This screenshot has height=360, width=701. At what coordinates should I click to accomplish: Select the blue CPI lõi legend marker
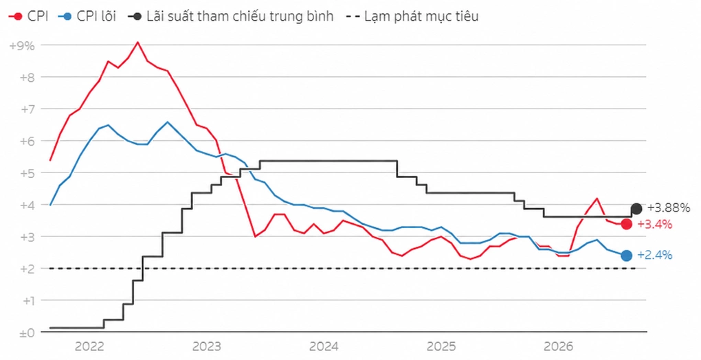pyautogui.click(x=67, y=16)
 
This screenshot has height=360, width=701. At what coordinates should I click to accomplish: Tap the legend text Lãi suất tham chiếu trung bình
pyautogui.click(x=240, y=16)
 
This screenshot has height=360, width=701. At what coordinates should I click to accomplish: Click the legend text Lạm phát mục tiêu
pyautogui.click(x=421, y=16)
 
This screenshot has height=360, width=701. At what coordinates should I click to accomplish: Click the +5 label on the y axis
pyautogui.click(x=27, y=173)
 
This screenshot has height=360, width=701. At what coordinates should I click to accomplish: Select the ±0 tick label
pyautogui.click(x=27, y=333)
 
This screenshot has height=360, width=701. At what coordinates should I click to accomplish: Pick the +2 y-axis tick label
pyautogui.click(x=27, y=269)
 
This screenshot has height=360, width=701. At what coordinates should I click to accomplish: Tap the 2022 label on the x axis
pyautogui.click(x=89, y=346)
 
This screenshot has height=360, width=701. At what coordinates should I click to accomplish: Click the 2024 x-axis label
pyautogui.click(x=324, y=346)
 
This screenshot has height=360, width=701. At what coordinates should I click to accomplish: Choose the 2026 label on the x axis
pyautogui.click(x=558, y=346)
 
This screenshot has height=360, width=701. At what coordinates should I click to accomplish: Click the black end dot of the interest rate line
pyautogui.click(x=636, y=208)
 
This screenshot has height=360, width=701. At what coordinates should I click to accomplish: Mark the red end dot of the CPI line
pyautogui.click(x=627, y=224)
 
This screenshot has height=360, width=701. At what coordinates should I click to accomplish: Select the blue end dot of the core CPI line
pyautogui.click(x=627, y=256)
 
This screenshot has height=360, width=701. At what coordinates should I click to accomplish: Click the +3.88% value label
pyautogui.click(x=669, y=207)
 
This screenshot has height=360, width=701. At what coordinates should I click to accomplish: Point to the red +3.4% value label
pyautogui.click(x=654, y=224)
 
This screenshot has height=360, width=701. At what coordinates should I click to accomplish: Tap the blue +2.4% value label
pyautogui.click(x=654, y=255)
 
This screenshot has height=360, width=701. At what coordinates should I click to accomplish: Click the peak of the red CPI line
pyautogui.click(x=137, y=43)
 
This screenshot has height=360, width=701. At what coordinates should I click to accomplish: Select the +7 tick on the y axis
pyautogui.click(x=27, y=109)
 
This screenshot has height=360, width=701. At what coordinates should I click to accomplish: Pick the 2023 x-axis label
pyautogui.click(x=207, y=346)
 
